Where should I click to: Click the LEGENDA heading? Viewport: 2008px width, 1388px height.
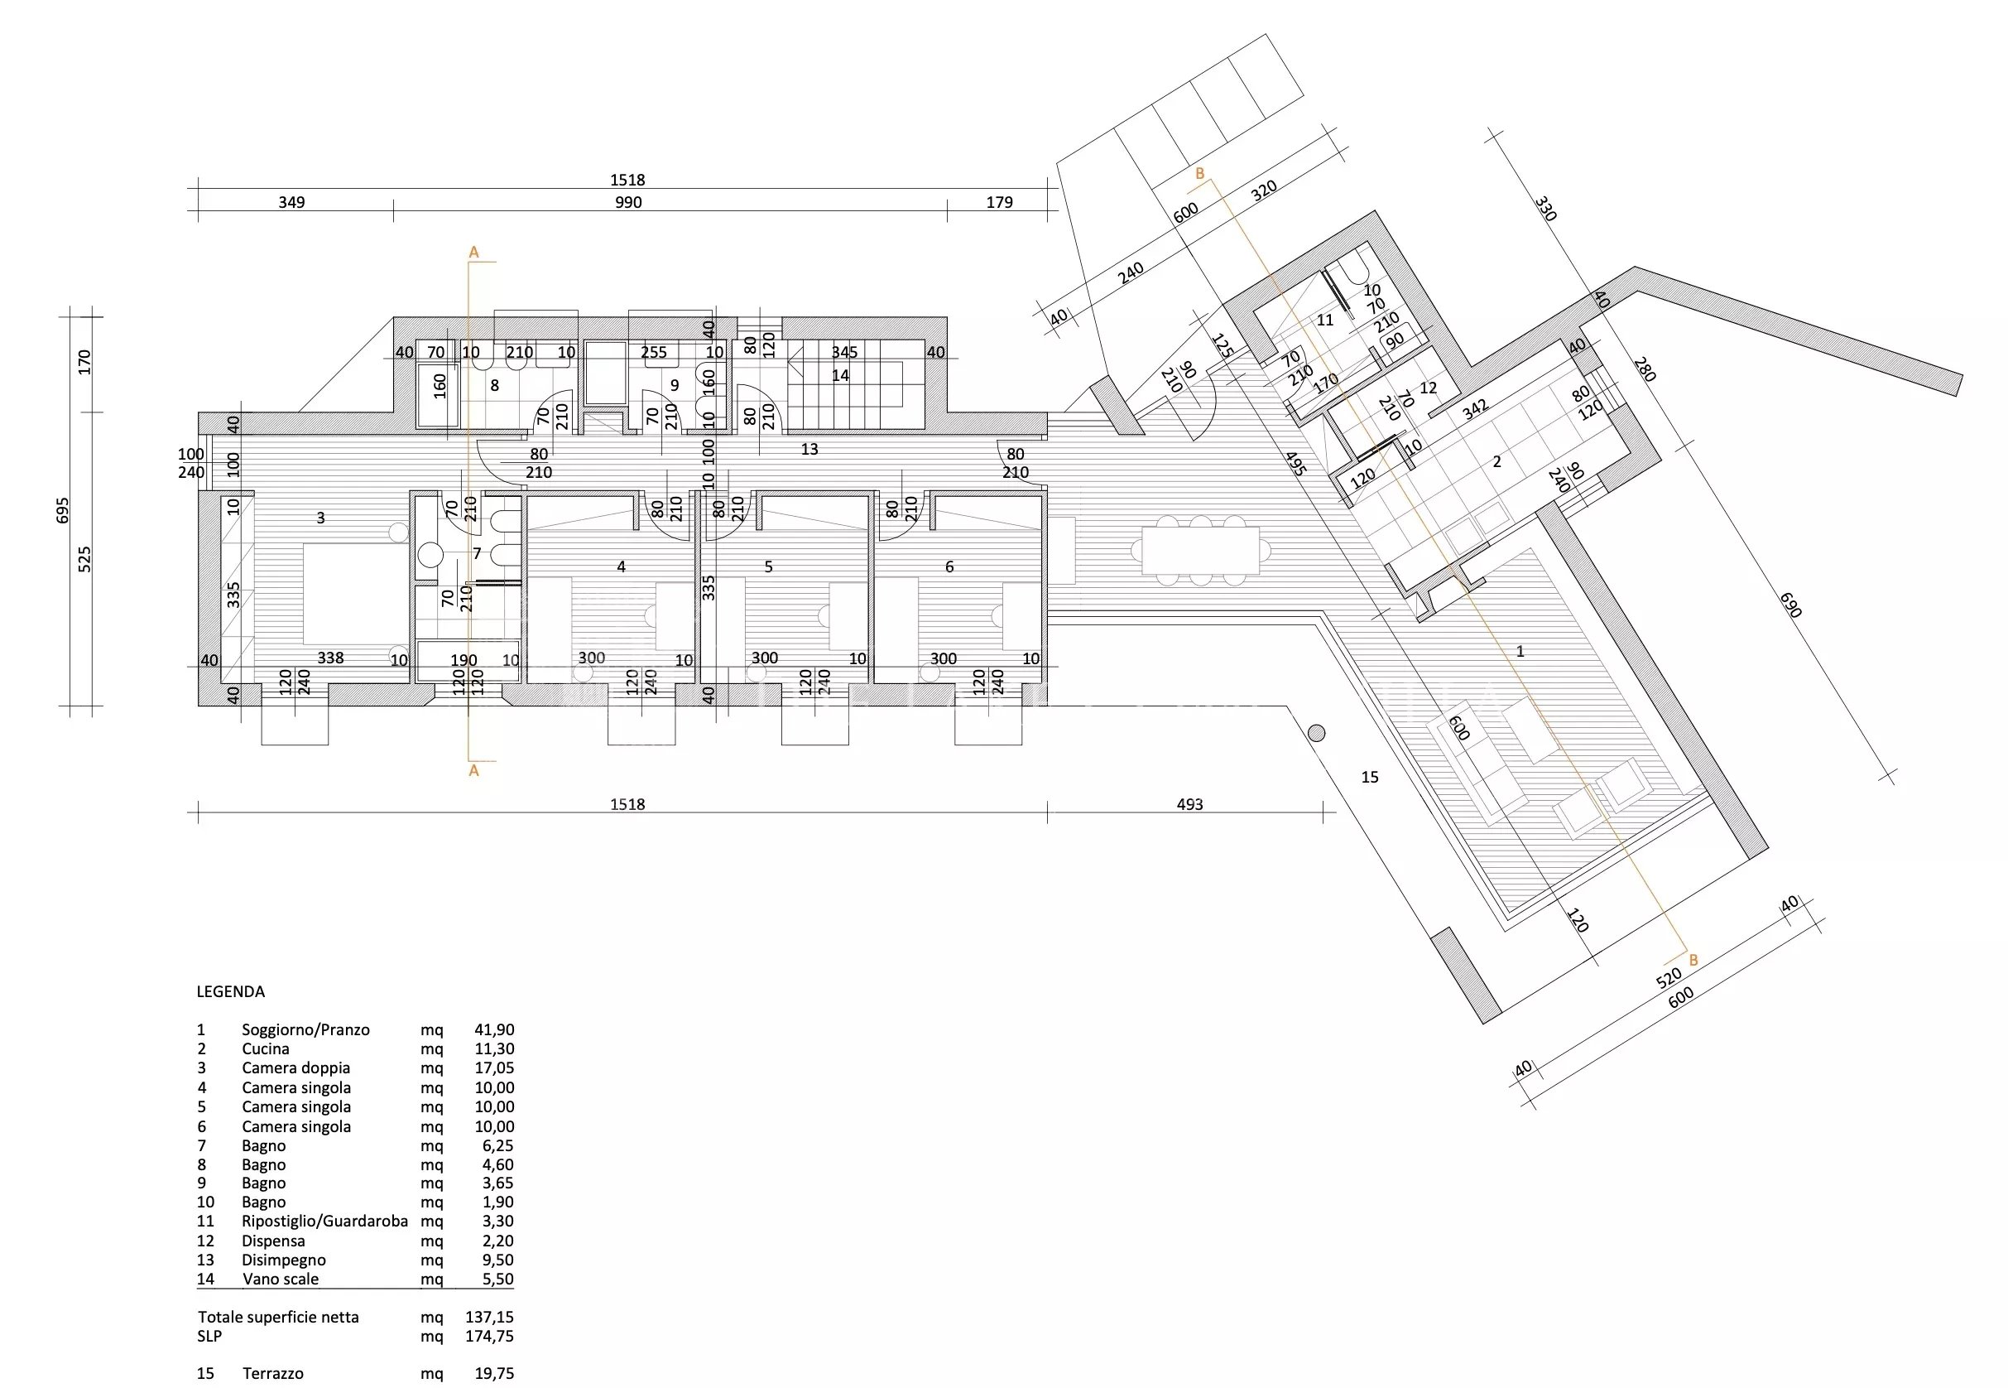pos(230,991)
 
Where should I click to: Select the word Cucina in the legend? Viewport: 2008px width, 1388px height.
pos(265,1048)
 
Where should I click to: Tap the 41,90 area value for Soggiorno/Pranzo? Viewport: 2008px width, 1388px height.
pos(494,1029)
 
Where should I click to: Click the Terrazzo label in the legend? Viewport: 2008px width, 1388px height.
pos(273,1374)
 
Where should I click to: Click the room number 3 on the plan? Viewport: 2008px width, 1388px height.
pos(321,518)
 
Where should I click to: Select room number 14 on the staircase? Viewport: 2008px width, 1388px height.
pos(840,376)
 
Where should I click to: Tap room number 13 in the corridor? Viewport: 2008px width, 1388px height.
pos(809,450)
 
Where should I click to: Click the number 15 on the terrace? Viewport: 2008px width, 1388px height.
pos(1370,778)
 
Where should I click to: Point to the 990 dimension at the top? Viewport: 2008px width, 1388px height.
pos(627,203)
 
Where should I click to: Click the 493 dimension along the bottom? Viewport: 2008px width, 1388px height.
pos(1189,804)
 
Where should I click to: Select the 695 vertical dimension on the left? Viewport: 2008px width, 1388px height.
pos(62,510)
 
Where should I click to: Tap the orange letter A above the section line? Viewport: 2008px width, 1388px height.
pos(473,253)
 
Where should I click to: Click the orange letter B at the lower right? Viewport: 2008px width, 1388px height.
pos(1693,961)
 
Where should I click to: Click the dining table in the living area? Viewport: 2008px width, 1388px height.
pos(1200,551)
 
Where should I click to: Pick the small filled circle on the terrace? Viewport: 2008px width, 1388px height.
pos(1316,733)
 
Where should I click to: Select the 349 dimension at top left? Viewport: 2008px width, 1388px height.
pos(291,203)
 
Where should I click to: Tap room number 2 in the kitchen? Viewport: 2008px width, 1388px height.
pos(1496,462)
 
